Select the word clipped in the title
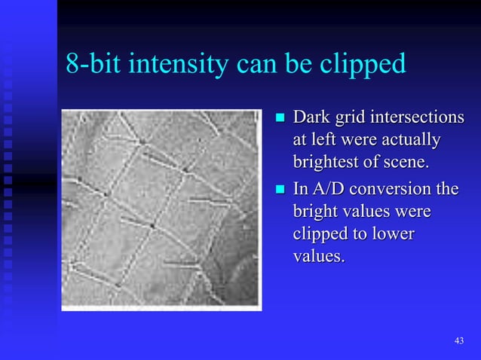click(364, 66)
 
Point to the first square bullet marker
click(280, 119)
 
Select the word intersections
click(417, 118)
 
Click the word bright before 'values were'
click(315, 212)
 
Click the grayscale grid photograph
click(161, 209)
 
